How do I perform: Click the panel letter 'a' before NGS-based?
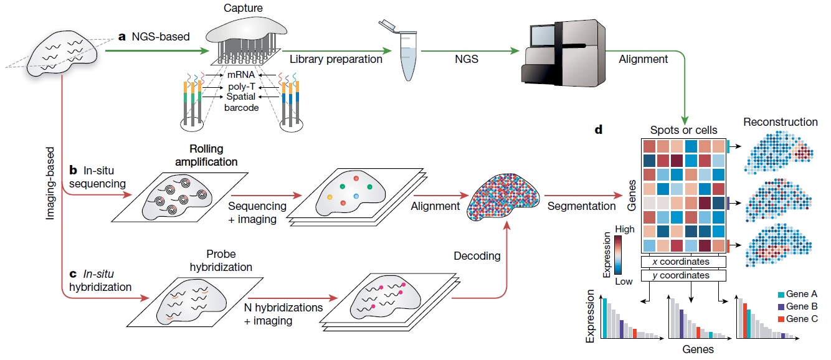pos(122,37)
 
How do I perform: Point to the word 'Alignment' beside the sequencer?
pos(643,59)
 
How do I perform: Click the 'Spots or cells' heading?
pos(683,131)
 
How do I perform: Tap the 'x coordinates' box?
pos(684,262)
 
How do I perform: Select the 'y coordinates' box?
pos(684,275)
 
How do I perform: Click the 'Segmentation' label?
pos(581,206)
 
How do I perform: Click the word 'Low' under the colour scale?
pos(624,281)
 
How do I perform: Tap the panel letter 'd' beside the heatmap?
pos(599,131)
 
